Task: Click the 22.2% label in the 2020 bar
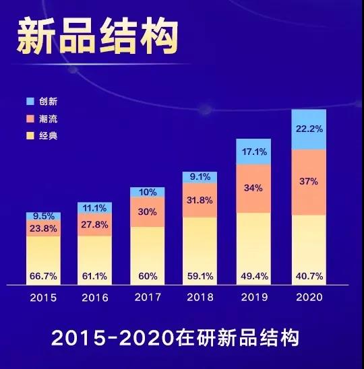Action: tap(309, 129)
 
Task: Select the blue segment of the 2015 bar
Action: tap(44, 216)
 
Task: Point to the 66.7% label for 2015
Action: tap(44, 276)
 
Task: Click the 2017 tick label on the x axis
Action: tap(148, 297)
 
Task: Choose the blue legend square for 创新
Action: tap(29, 101)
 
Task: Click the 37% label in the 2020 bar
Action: tap(309, 182)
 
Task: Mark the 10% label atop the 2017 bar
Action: tap(148, 192)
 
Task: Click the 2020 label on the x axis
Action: tap(309, 297)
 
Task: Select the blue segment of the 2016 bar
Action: tap(95, 208)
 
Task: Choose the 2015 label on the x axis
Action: tap(44, 297)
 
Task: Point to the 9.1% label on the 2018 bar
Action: tap(200, 177)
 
